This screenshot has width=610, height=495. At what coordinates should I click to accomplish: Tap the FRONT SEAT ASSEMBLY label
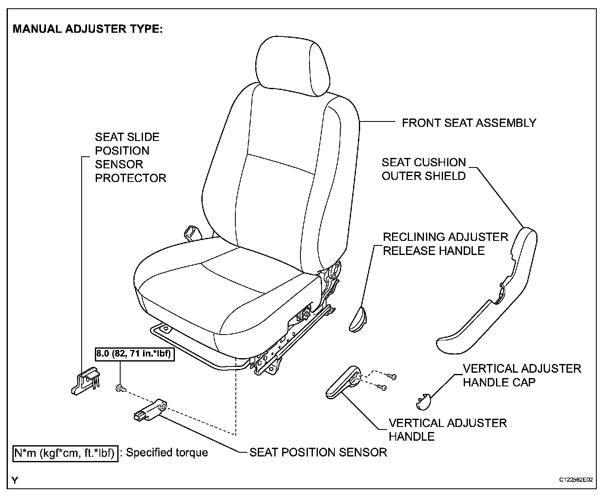[469, 123]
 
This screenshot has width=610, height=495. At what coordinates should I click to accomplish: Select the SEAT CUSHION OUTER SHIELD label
[424, 169]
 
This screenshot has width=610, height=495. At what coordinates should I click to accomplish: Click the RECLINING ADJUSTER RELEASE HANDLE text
[445, 244]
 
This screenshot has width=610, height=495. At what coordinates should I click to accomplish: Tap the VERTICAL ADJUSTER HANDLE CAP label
[522, 375]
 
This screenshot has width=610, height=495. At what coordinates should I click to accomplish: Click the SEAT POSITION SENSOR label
[318, 452]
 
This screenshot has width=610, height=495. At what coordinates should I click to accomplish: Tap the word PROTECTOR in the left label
[131, 178]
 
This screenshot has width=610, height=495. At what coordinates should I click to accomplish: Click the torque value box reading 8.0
[135, 354]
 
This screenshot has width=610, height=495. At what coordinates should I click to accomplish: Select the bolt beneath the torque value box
[120, 388]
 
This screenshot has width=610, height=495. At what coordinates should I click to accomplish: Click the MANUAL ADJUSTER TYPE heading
[88, 29]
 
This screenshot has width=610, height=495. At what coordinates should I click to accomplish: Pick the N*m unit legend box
[65, 453]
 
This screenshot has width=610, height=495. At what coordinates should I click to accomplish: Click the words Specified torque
[167, 452]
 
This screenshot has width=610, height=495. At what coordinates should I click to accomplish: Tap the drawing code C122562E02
[576, 480]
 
